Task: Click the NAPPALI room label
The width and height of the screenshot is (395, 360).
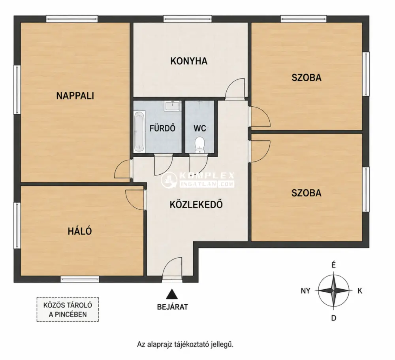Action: click(75, 96)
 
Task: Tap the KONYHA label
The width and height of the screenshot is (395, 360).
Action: click(189, 61)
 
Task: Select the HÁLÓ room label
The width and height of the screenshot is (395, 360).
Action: click(80, 231)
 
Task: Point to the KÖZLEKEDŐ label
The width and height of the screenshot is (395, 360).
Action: click(196, 204)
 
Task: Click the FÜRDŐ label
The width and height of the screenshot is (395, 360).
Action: click(162, 128)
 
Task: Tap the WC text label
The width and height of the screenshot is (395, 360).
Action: click(200, 128)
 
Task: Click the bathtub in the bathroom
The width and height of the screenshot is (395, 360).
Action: click(139, 132)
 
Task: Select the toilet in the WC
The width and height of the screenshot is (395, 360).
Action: click(200, 145)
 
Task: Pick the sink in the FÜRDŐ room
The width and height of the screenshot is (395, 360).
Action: click(173, 106)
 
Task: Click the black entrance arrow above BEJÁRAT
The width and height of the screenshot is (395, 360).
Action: click(172, 294)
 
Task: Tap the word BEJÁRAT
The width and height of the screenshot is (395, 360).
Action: click(173, 307)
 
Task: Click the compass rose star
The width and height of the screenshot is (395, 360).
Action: click(334, 290)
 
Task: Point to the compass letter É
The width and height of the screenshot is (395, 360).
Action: click(333, 265)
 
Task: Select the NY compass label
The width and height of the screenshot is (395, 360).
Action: click(305, 291)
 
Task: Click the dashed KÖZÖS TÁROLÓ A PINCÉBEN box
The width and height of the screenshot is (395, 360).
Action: click(68, 309)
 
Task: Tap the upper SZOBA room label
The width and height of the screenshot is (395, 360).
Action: click(307, 77)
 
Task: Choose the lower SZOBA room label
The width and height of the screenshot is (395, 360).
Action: click(307, 193)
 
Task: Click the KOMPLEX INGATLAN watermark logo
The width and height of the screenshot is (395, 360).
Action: click(198, 179)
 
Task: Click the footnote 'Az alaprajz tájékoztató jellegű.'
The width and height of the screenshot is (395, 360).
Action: click(185, 344)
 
